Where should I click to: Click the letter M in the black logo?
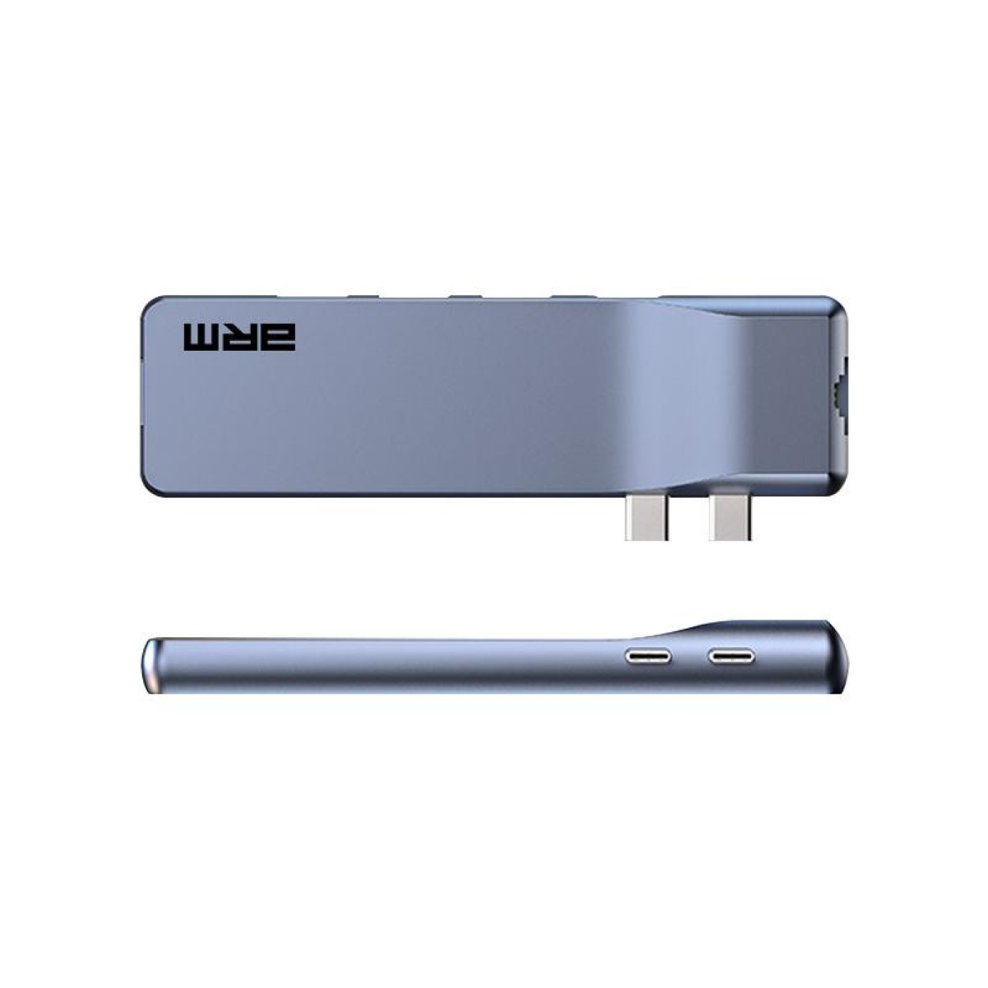pos(203,337)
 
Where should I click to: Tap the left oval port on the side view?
pos(648,657)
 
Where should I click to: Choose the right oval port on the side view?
pos(732,657)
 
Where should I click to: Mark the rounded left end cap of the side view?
pos(150,665)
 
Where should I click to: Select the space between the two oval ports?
pos(689,657)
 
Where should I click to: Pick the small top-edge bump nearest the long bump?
pos(572,296)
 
